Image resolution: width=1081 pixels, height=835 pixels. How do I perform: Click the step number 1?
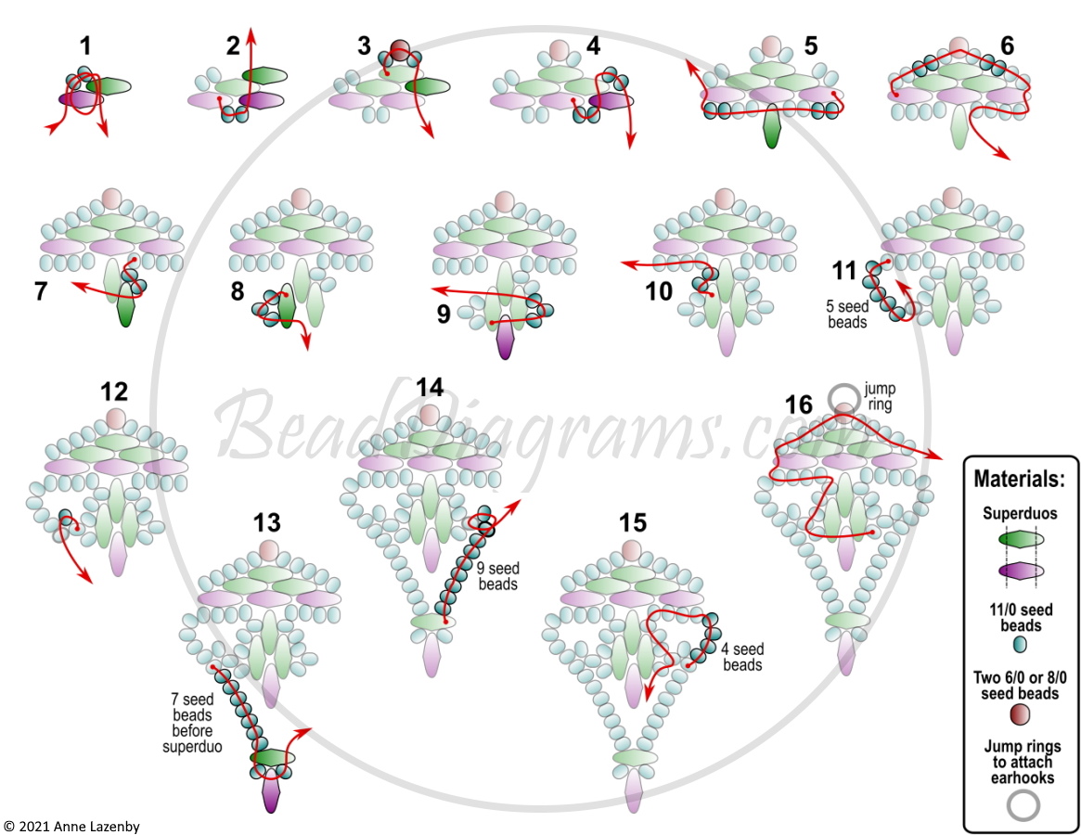pyautogui.click(x=84, y=46)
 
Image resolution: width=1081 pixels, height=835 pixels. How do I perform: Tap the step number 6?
pyautogui.click(x=1008, y=46)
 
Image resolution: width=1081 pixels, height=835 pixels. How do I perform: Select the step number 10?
pyautogui.click(x=659, y=291)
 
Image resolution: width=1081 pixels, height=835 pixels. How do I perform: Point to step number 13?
pyautogui.click(x=267, y=522)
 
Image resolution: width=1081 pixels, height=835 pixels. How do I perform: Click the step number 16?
pyautogui.click(x=799, y=405)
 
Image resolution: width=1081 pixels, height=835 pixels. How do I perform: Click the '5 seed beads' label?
pyautogui.click(x=846, y=314)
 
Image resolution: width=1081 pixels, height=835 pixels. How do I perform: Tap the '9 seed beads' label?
pyautogui.click(x=497, y=576)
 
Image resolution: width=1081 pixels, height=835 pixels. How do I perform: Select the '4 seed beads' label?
pyautogui.click(x=742, y=657)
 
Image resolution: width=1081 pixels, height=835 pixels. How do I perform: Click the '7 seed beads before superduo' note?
pyautogui.click(x=192, y=723)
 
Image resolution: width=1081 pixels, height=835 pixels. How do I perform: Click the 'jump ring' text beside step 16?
pyautogui.click(x=879, y=396)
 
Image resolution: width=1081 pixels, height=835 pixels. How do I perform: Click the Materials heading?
pyautogui.click(x=1019, y=479)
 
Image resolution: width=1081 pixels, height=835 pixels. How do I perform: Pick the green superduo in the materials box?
pyautogui.click(x=1021, y=539)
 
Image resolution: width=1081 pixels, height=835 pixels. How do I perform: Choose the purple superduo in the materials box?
pyautogui.click(x=1021, y=571)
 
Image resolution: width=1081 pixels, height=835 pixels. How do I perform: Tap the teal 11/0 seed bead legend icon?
pyautogui.click(x=1021, y=644)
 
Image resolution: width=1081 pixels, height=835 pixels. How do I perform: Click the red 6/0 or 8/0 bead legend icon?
pyautogui.click(x=1021, y=714)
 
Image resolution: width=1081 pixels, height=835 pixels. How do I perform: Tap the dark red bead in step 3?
pyautogui.click(x=400, y=49)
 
